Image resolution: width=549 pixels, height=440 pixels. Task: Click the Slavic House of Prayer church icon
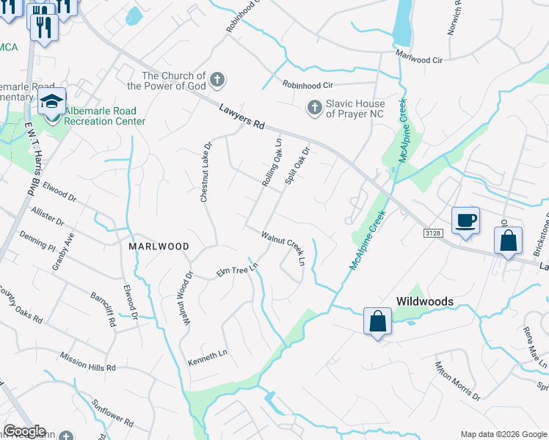[314, 108]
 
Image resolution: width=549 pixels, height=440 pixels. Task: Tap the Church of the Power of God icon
[217, 79]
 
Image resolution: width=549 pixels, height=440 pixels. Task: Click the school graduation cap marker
[52, 102]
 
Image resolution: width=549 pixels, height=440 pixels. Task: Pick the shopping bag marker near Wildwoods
[377, 321]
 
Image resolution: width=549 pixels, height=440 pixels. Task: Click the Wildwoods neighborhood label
[424, 301]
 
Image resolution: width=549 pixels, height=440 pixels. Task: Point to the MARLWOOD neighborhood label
[159, 246]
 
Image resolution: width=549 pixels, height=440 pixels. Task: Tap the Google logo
[24, 431]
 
